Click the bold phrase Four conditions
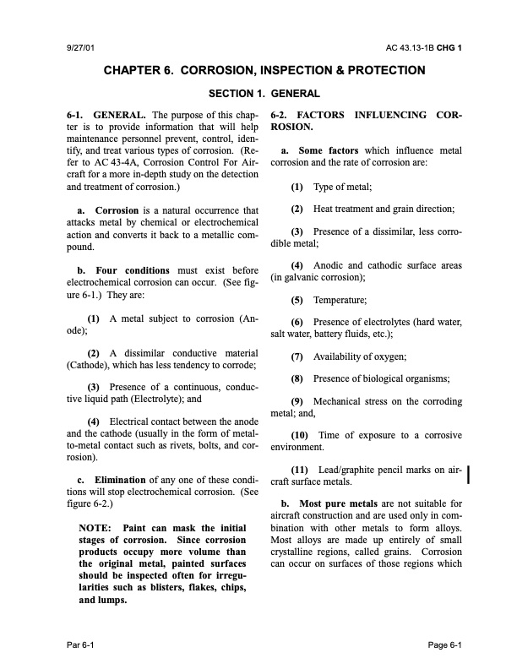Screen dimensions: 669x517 [136, 270]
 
